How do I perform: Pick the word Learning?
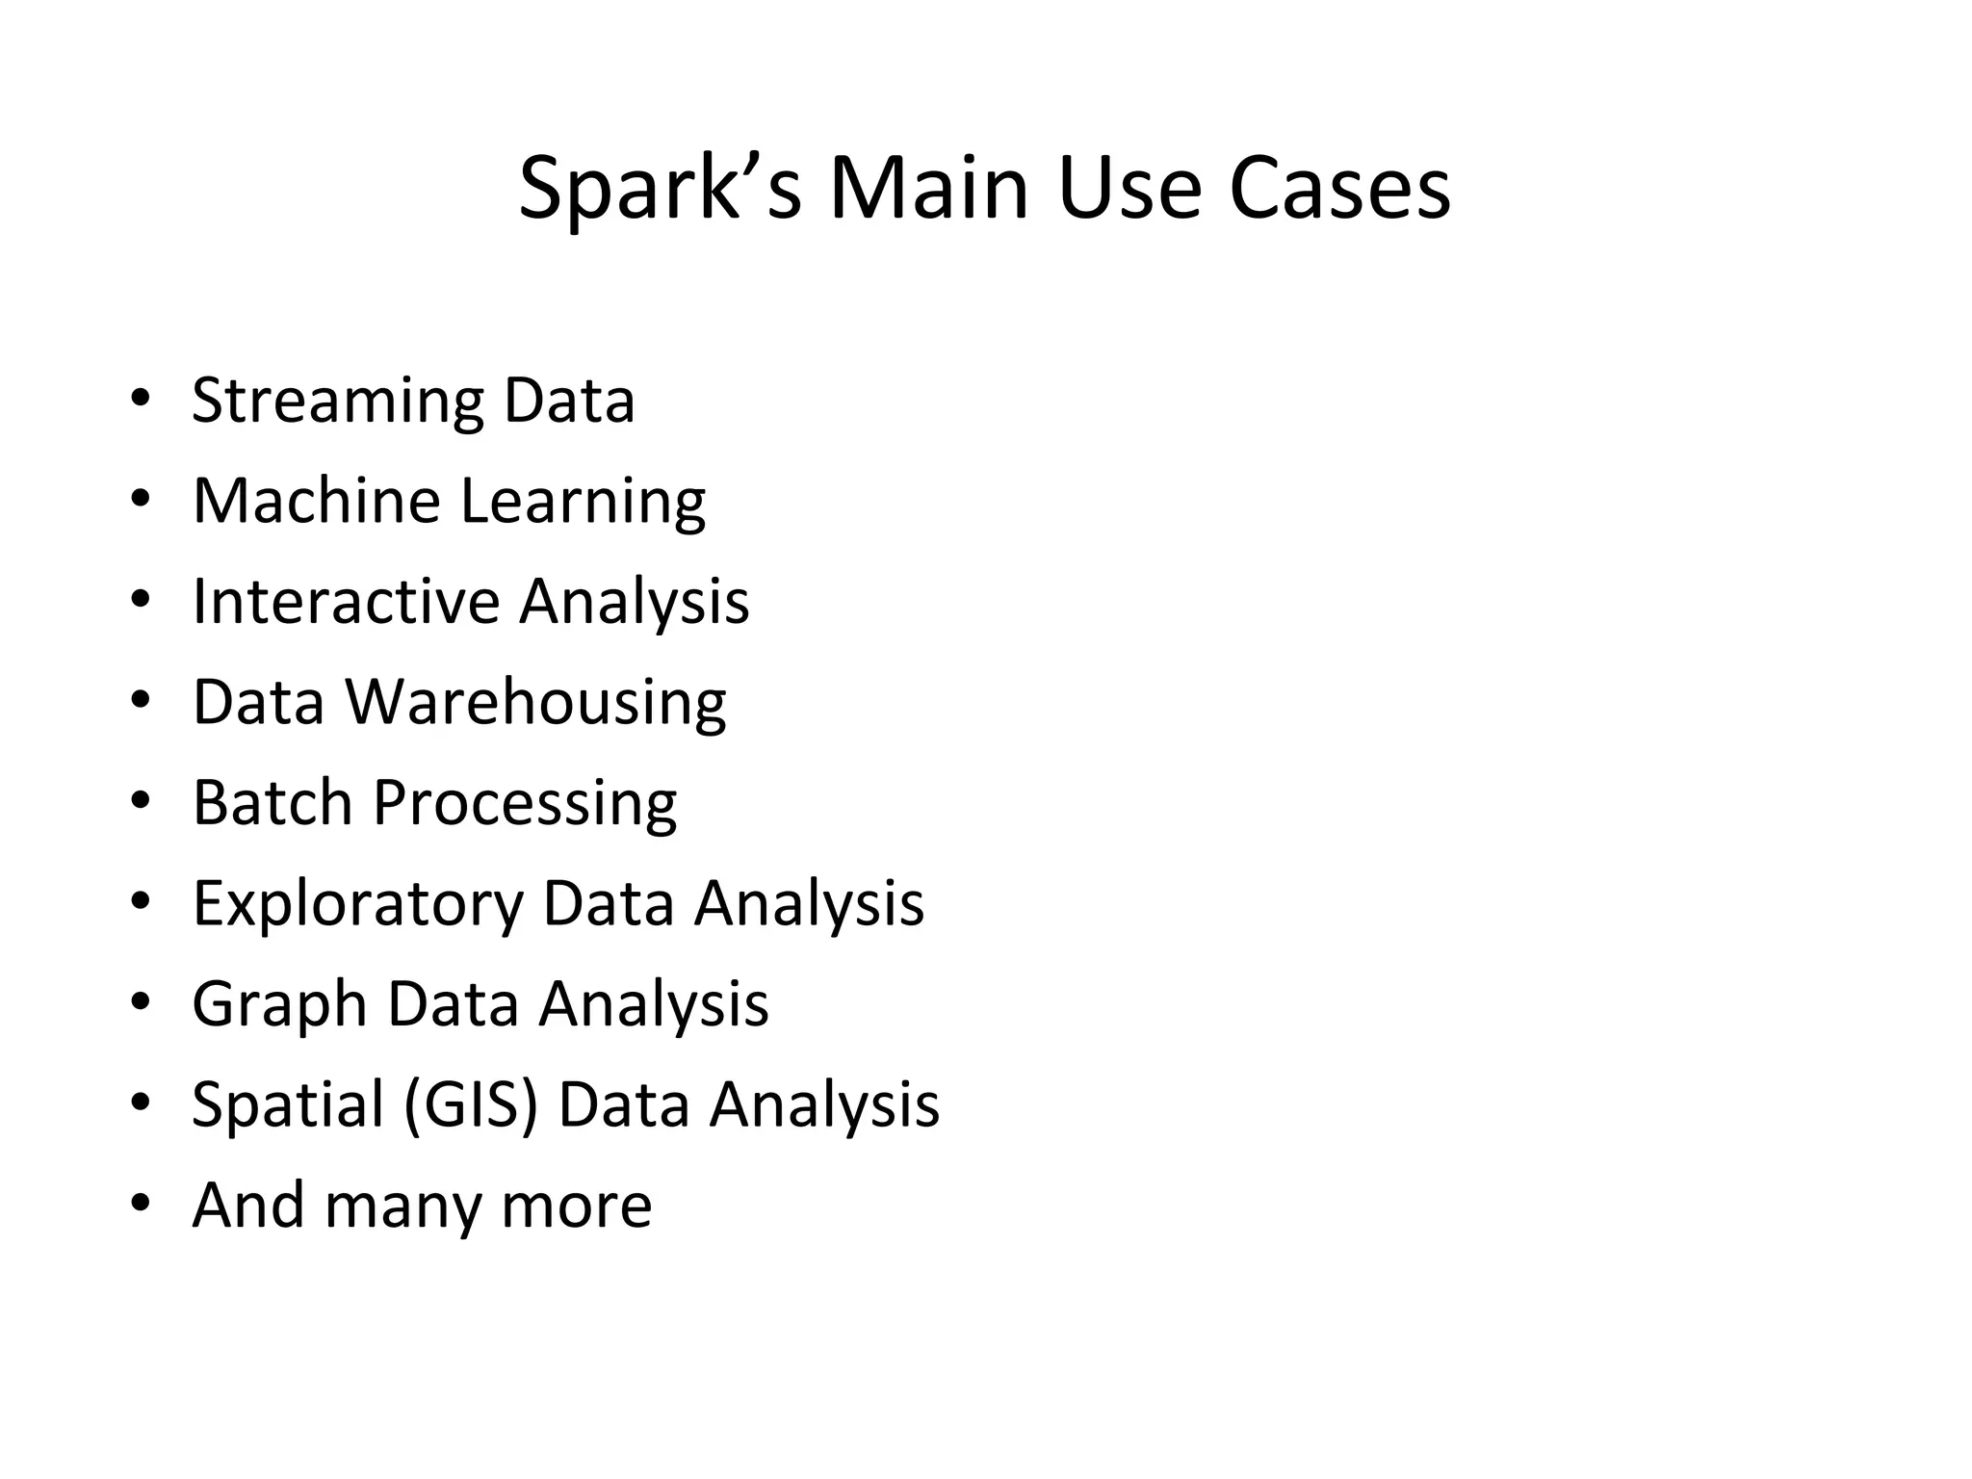[x=583, y=503]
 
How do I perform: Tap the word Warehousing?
[x=536, y=703]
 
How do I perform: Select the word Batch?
[x=272, y=802]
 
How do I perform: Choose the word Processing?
[x=525, y=804]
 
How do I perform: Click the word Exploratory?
[x=358, y=904]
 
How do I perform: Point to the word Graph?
[x=280, y=1005]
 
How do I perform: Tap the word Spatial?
[x=288, y=1104]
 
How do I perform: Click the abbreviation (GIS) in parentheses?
[x=471, y=1104]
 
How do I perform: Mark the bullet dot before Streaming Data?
[x=141, y=400]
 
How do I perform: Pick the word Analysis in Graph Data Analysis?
[x=654, y=1005]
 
